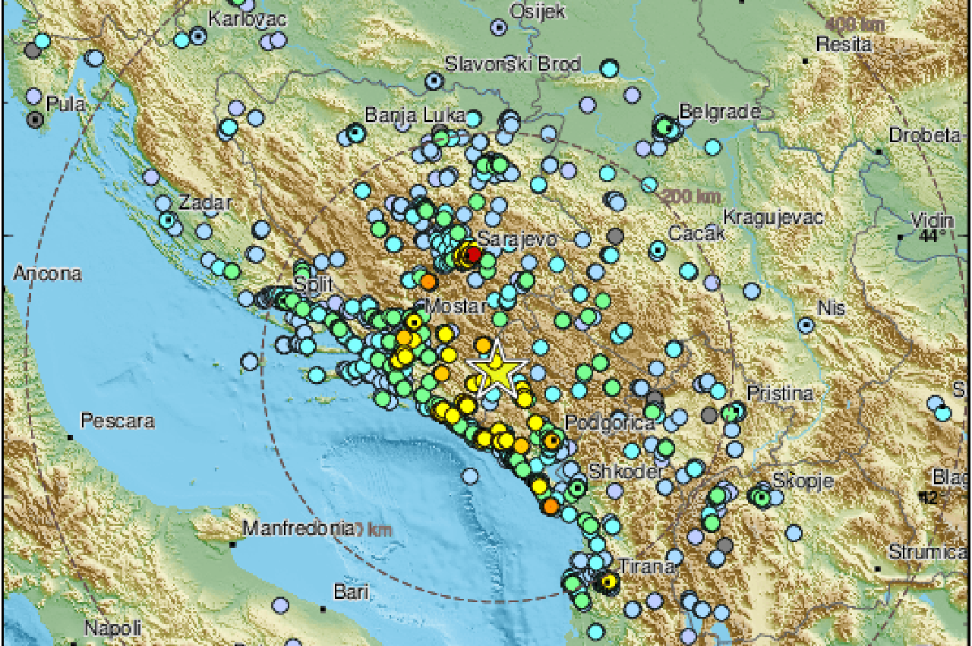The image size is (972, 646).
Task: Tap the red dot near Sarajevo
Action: pos(473,254)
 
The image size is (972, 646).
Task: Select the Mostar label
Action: pos(456,307)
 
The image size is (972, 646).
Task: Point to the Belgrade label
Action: pos(719,112)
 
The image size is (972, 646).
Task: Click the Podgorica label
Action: pos(610,423)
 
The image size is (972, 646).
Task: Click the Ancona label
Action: pos(47,273)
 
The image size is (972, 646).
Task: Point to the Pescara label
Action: pos(118,421)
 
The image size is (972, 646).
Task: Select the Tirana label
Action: pos(646,566)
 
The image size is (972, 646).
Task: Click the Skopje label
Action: pos(803,481)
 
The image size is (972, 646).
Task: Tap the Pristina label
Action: pos(780,393)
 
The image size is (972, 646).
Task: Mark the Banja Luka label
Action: pos(415,115)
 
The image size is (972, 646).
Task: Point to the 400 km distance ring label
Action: pos(856,24)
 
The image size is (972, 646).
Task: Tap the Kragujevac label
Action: pos(773,218)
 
